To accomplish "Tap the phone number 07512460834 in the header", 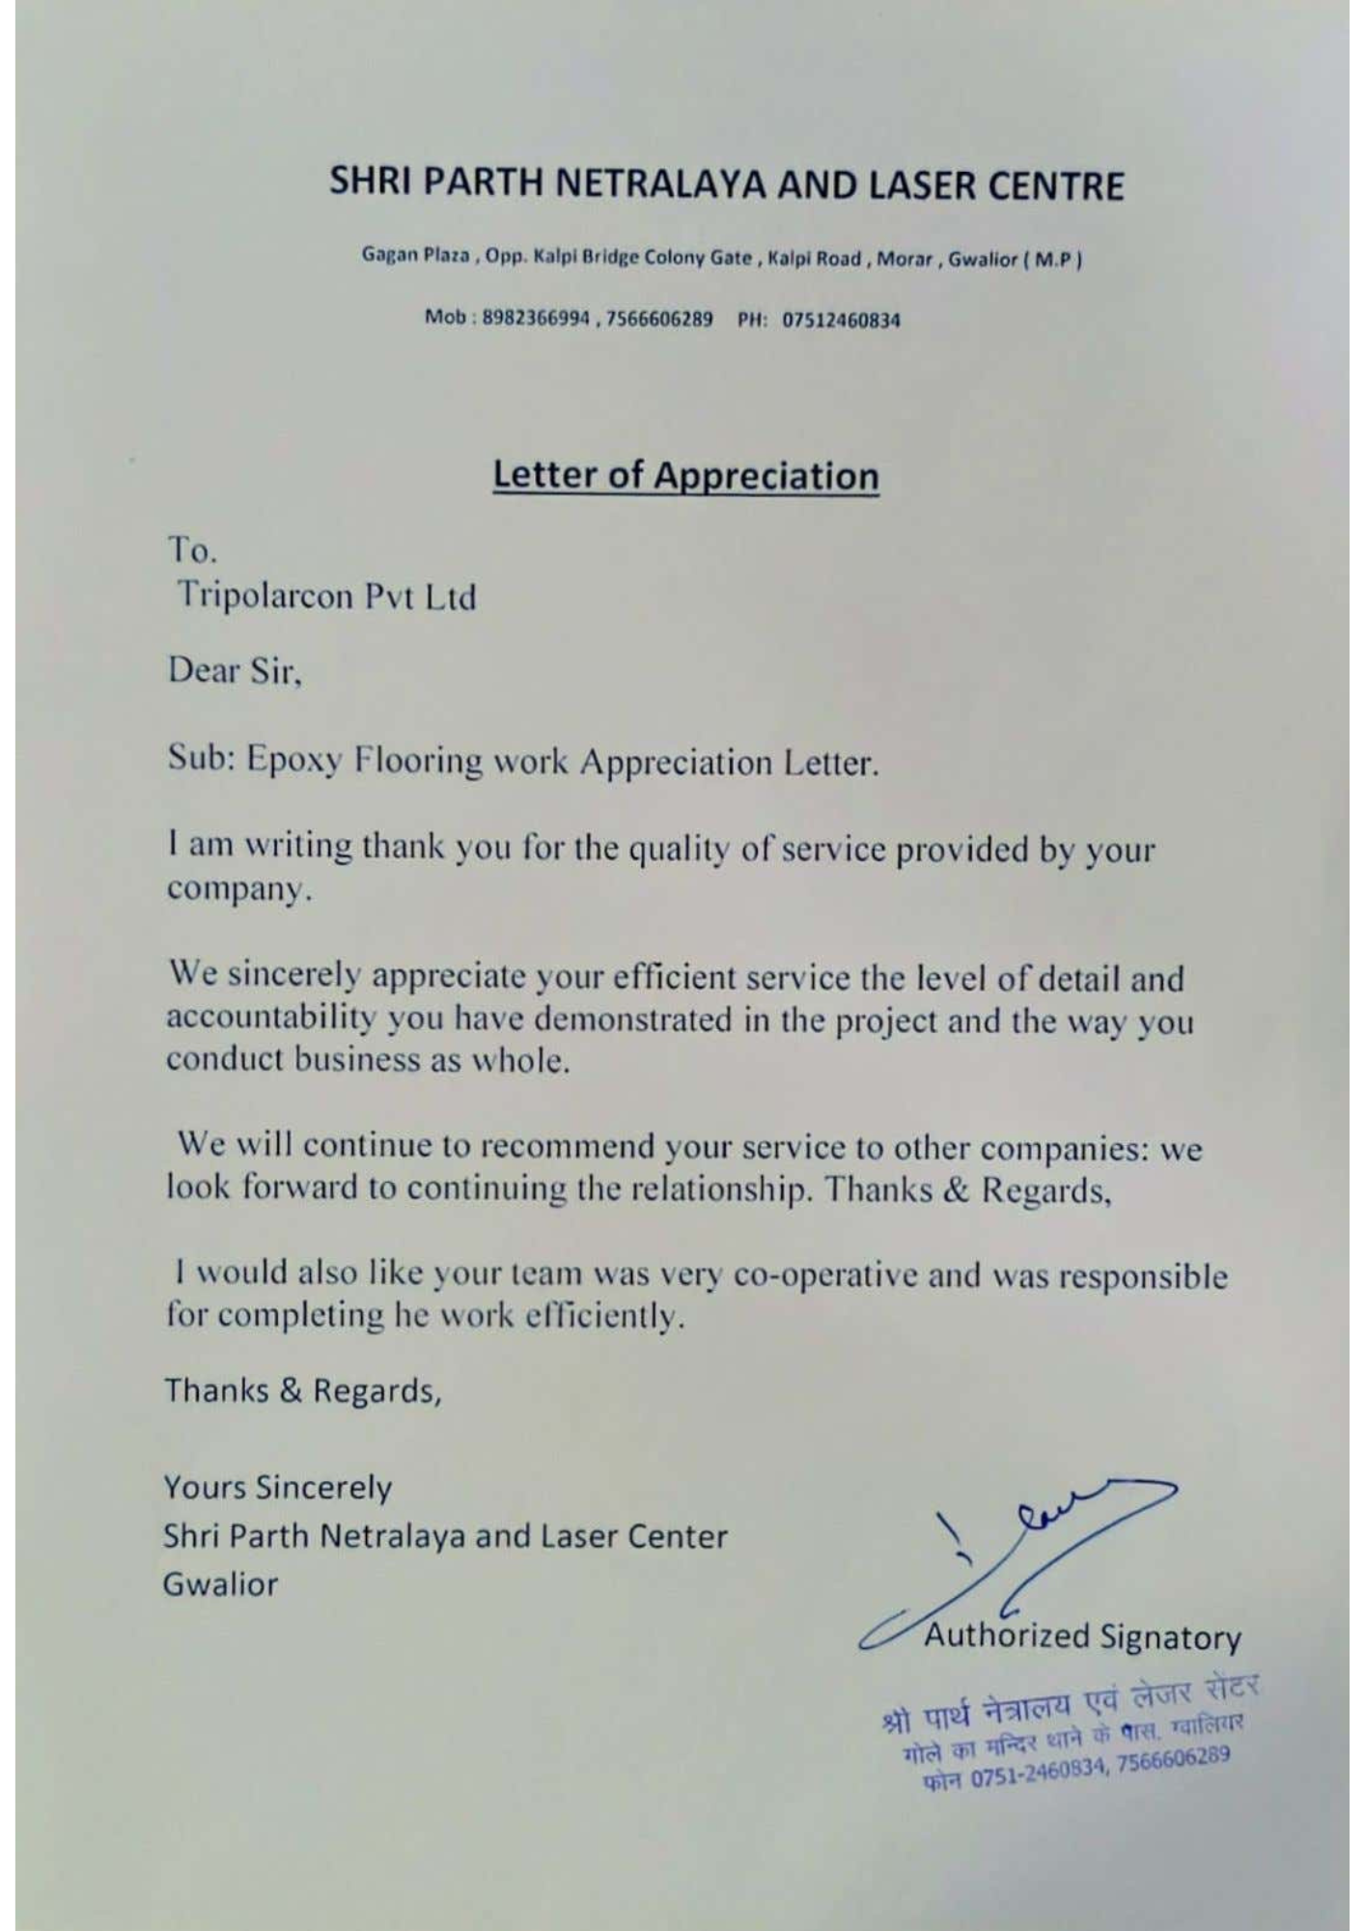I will tap(840, 321).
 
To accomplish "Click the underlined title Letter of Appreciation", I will tap(685, 475).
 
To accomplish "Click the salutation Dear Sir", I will tap(235, 670).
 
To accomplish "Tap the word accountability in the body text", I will tap(270, 1017).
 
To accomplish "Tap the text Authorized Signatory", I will tap(1082, 1637).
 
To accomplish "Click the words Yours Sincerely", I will tap(277, 1487).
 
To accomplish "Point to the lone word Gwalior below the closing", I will tap(220, 1584).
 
